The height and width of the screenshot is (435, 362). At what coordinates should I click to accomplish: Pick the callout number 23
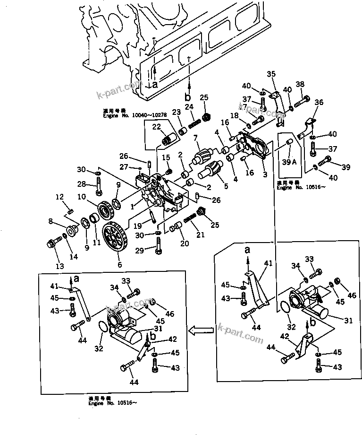coord(177,112)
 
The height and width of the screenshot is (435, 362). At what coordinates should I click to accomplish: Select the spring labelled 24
coord(193,123)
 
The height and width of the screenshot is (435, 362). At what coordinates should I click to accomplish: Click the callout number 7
coord(194,137)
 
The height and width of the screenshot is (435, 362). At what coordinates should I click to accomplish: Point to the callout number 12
coord(59,197)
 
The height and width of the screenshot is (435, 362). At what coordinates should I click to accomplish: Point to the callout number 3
coord(265,174)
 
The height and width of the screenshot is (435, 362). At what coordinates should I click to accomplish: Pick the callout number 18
coord(234,115)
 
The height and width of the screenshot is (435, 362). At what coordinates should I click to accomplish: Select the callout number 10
coord(82,196)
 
